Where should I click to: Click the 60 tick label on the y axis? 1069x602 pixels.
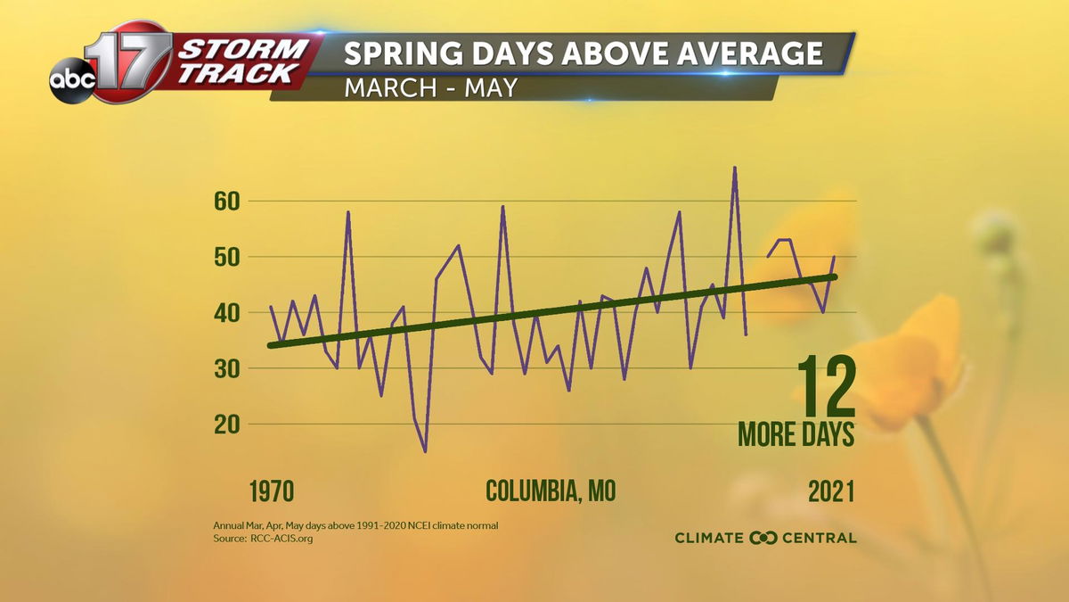point(226,201)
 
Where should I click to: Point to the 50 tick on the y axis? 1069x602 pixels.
point(226,257)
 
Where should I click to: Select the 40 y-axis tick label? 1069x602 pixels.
point(226,313)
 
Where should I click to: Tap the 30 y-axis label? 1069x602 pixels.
point(226,368)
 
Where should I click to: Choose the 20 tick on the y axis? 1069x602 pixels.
point(226,425)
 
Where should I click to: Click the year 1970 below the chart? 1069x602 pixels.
point(272,491)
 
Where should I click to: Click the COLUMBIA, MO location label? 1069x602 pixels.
point(551,491)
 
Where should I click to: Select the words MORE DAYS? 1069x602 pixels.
point(796,434)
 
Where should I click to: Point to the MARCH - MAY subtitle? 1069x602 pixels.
point(430,88)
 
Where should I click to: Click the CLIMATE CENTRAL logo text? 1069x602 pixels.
point(765,538)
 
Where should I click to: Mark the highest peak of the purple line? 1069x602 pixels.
point(735,167)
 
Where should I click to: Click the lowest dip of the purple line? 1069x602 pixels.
point(425,451)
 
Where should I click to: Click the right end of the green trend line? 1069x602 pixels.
point(835,276)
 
